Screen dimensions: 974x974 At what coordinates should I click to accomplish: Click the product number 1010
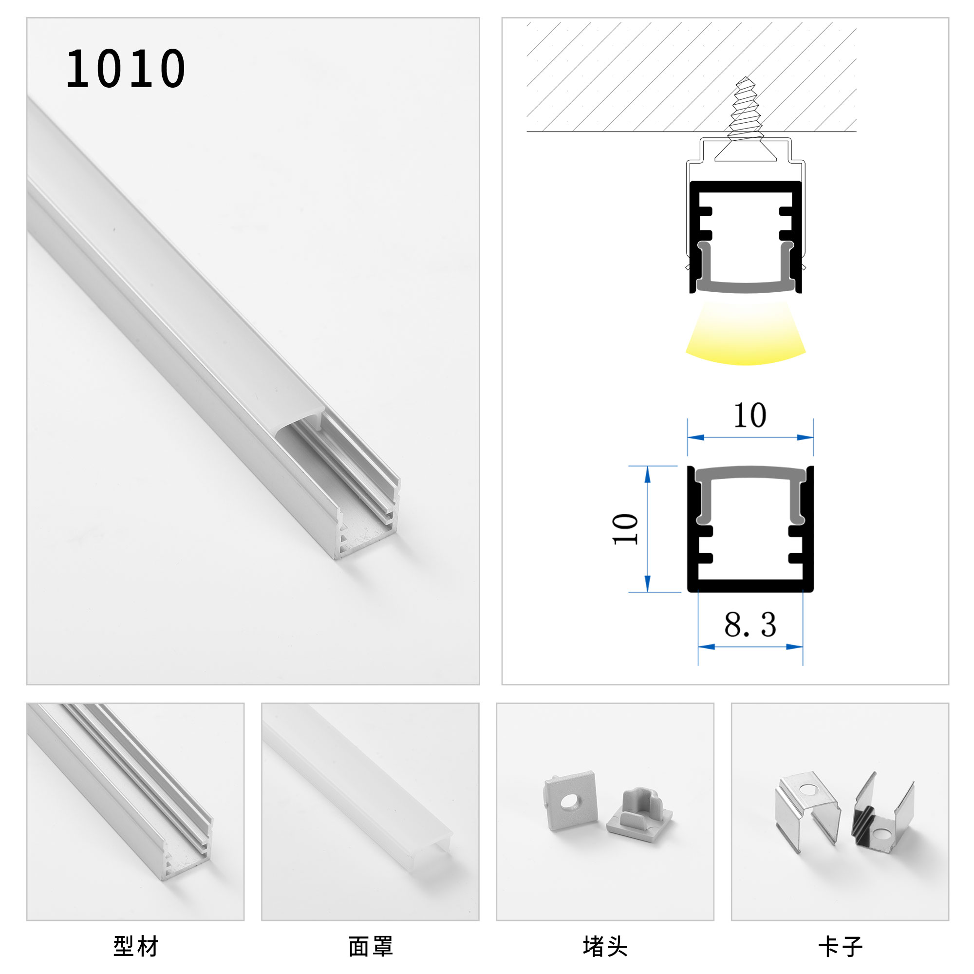(x=126, y=69)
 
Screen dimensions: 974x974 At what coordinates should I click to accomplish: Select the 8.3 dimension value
(x=750, y=625)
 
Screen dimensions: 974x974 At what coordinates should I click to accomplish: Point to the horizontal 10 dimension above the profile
(x=749, y=415)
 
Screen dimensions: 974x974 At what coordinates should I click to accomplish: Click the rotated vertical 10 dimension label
(x=625, y=529)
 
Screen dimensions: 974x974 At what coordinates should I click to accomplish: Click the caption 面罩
(x=371, y=946)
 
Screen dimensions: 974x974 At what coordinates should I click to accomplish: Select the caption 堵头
(x=605, y=946)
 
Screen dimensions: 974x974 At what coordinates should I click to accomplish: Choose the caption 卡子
(x=840, y=946)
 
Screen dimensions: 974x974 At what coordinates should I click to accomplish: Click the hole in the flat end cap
(x=571, y=801)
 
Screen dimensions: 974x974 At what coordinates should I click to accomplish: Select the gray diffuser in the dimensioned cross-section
(x=750, y=474)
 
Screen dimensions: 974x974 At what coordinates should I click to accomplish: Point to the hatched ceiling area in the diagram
(x=630, y=75)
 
